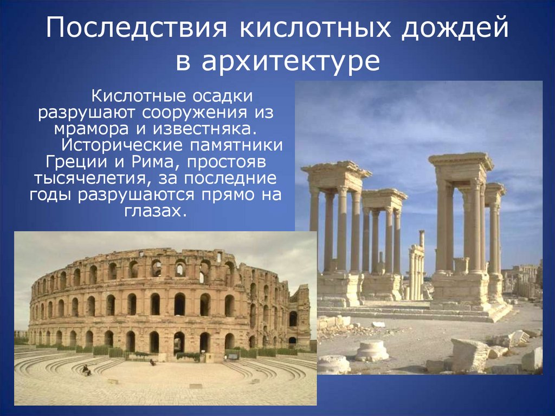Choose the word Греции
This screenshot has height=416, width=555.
tap(70, 162)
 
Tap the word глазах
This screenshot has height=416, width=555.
tap(160, 211)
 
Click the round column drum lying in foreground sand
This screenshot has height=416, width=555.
tap(372, 350)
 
